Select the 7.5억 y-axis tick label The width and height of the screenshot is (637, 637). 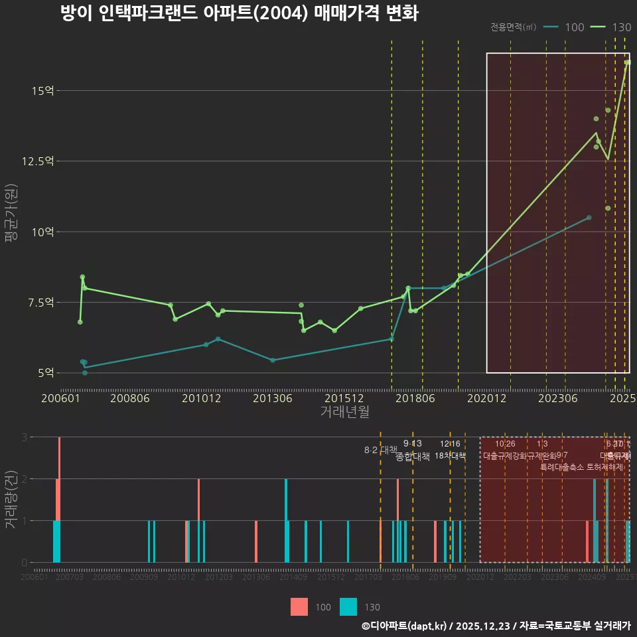click(41, 303)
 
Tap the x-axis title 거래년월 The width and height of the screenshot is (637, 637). click(344, 411)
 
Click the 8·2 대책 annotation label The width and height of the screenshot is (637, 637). click(380, 450)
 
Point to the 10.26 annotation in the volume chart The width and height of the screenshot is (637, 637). click(505, 444)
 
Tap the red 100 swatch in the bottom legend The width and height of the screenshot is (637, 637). click(299, 606)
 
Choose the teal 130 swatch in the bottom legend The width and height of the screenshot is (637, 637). click(348, 606)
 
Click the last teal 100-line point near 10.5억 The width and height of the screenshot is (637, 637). click(589, 218)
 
